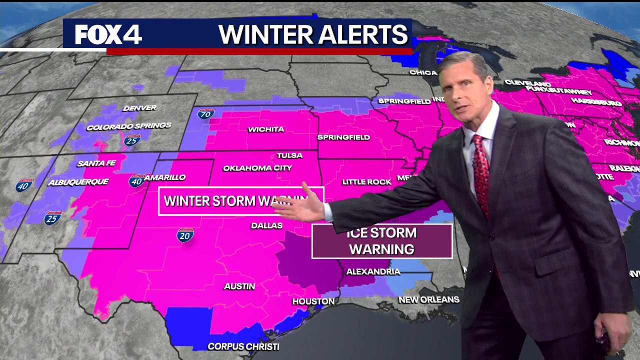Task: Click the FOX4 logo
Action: pos(108,34)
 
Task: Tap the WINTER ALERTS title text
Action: pos(313,34)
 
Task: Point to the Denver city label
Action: pos(139,107)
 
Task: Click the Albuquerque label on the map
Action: pos(78,182)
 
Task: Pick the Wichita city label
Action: pos(266,129)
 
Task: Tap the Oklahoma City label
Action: pos(257,168)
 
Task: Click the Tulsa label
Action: pos(289,155)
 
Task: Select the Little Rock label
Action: pos(366,182)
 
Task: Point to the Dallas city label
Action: pos(266,225)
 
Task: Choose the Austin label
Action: pos(239,286)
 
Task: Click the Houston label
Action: pos(313,301)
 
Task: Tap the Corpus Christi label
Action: pos(243,346)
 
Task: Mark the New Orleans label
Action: pos(428,299)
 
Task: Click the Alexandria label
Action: pos(373,271)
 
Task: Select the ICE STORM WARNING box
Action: pos(382,241)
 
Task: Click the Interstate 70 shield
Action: pos(205,114)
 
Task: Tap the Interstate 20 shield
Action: pos(185,235)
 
